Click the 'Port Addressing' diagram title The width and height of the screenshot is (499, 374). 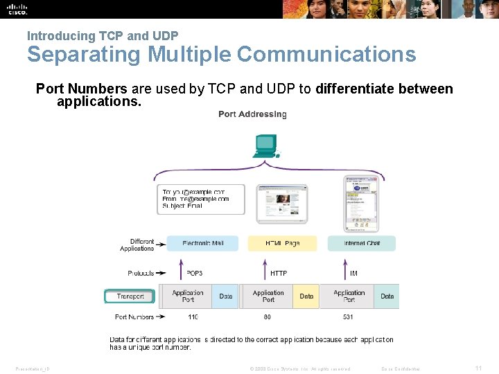252,114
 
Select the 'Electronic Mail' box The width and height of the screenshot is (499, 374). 202,243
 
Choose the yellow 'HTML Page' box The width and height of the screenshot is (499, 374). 282,243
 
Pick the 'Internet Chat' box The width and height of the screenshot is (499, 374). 362,243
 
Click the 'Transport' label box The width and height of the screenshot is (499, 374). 130,296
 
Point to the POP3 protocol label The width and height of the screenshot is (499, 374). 195,274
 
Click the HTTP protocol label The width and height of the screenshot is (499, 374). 279,274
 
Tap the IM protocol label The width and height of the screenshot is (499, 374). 353,274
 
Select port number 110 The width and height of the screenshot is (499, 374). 193,317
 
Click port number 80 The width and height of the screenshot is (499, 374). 268,317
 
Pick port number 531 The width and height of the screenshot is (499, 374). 348,317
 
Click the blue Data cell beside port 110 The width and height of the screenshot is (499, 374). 226,296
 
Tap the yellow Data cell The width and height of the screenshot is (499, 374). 306,296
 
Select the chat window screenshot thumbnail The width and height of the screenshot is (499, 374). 362,204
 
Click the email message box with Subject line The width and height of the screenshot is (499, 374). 201,199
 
